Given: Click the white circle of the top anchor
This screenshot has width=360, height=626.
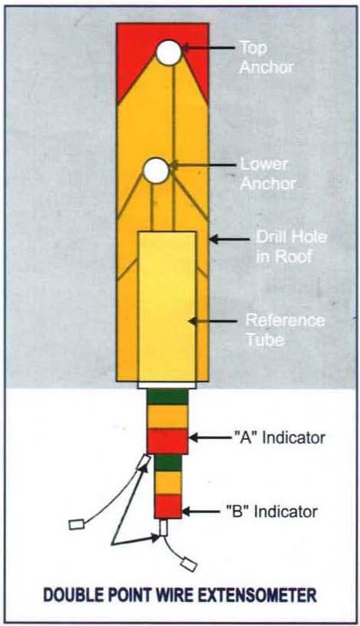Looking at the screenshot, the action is pyautogui.click(x=169, y=53).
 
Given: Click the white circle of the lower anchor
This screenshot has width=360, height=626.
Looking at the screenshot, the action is pyautogui.click(x=156, y=171).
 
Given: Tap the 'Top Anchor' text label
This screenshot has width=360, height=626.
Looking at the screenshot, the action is pyautogui.click(x=267, y=57).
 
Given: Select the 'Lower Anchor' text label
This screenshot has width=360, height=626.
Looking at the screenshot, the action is pyautogui.click(x=267, y=174).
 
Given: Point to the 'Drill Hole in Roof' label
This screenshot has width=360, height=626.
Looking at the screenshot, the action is pyautogui.click(x=291, y=247).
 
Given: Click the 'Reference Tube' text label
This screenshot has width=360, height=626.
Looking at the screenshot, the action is pyautogui.click(x=285, y=330).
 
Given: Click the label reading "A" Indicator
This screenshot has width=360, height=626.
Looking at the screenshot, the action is pyautogui.click(x=279, y=438).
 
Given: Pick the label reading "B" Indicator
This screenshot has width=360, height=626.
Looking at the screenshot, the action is pyautogui.click(x=272, y=512).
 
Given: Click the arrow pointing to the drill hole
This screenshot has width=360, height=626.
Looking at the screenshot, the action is pyautogui.click(x=229, y=240).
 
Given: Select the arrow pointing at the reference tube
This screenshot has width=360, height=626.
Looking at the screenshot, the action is pyautogui.click(x=212, y=321).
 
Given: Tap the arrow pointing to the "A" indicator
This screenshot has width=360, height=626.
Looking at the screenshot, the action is pyautogui.click(x=210, y=438).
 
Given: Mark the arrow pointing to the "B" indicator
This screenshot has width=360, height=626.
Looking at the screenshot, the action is pyautogui.click(x=202, y=512).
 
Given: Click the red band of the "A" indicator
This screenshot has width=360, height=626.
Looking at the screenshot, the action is pyautogui.click(x=168, y=441).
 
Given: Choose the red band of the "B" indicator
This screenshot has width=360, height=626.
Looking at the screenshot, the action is pyautogui.click(x=168, y=506).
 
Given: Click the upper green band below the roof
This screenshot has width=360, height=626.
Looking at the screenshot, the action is pyautogui.click(x=168, y=396).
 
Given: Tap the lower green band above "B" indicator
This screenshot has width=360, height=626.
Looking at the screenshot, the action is pyautogui.click(x=168, y=463).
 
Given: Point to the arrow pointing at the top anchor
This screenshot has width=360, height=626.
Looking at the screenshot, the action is pyautogui.click(x=209, y=48).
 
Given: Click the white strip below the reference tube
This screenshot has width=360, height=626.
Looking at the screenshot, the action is pyautogui.click(x=167, y=386).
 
